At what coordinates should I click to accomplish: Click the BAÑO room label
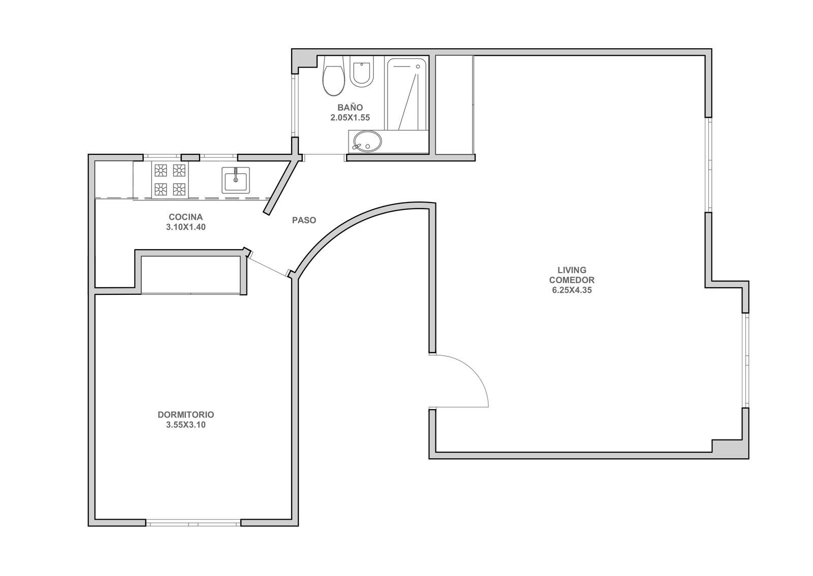[350, 107]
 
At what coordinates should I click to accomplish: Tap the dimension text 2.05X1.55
[350, 118]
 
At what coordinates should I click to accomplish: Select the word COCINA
[185, 217]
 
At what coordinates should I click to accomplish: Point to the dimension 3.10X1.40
[186, 227]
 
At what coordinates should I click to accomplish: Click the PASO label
[304, 220]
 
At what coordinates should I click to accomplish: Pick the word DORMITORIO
[186, 414]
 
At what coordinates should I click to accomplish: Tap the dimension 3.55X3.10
[186, 425]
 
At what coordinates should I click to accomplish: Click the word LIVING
[572, 270]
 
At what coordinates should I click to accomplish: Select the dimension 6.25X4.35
[572, 290]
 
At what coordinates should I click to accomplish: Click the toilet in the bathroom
[333, 76]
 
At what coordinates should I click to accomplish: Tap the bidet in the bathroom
[361, 71]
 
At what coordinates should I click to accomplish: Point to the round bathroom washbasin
[367, 141]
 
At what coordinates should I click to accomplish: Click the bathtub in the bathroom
[407, 94]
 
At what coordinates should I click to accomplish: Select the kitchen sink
[236, 180]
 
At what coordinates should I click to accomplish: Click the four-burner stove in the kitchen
[170, 180]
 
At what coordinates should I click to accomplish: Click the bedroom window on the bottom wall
[193, 523]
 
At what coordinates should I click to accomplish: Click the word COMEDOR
[572, 280]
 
